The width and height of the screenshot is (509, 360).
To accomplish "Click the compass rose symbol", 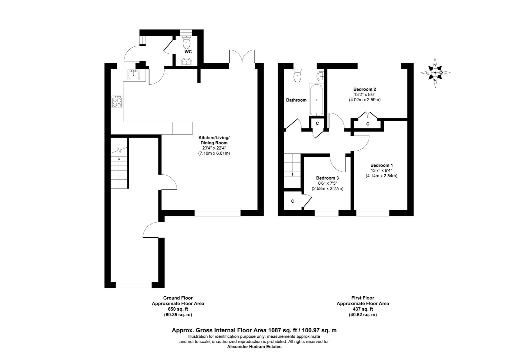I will click(x=435, y=72).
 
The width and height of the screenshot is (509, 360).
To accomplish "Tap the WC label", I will click(x=188, y=52).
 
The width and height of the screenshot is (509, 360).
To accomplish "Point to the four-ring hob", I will click(x=117, y=102).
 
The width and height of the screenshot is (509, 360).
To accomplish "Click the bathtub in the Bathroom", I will click(x=316, y=99).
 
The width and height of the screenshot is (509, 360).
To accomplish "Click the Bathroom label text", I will click(x=296, y=100).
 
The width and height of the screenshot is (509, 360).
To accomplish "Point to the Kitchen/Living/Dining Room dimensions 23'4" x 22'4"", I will click(x=214, y=148).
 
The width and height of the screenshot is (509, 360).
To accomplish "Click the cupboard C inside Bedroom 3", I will click(x=292, y=201).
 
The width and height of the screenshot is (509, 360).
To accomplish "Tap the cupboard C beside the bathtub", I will click(x=317, y=123).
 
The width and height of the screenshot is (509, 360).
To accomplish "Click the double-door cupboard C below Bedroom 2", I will click(x=367, y=124).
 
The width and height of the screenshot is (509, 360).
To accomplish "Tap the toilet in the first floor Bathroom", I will click(x=297, y=76).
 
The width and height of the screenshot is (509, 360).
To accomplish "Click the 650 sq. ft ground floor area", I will click(x=178, y=309).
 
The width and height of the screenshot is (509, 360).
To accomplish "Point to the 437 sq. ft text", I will click(x=363, y=309).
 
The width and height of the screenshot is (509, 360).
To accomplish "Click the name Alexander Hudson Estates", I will click(x=254, y=347).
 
